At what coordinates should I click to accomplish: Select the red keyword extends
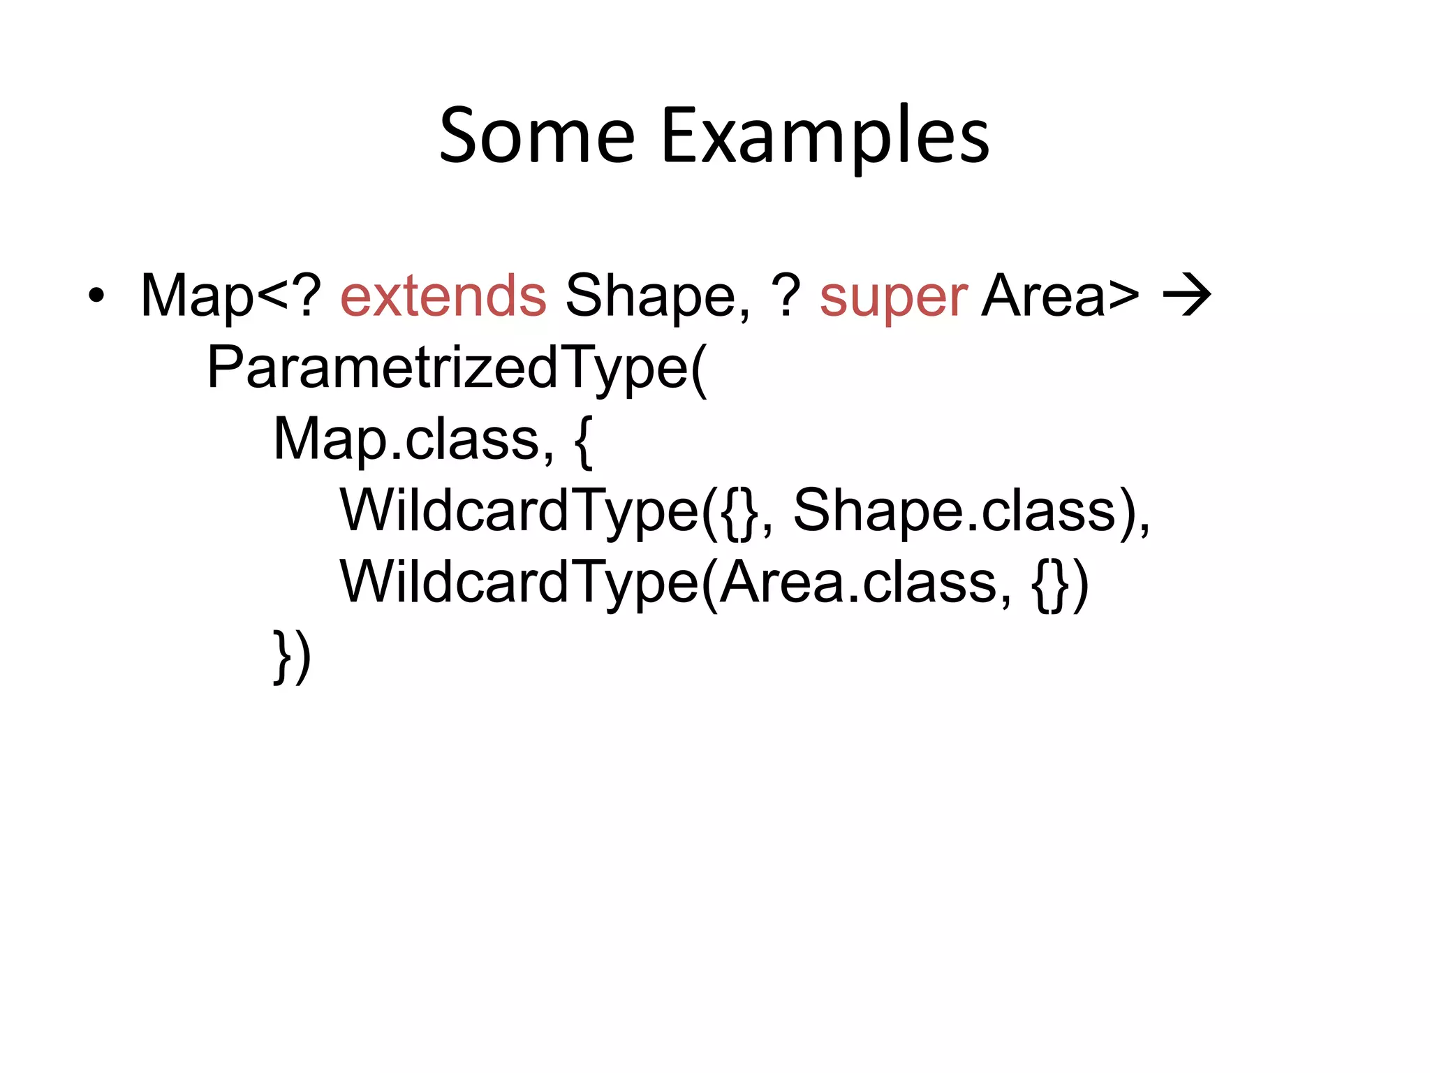click(x=443, y=295)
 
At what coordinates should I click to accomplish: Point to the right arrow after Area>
click(x=1186, y=295)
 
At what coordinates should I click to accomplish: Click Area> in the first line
click(x=1059, y=295)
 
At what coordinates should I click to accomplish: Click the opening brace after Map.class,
click(x=584, y=441)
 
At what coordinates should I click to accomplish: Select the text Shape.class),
click(x=971, y=511)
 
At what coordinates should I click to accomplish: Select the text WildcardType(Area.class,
click(x=675, y=583)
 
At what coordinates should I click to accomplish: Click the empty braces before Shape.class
click(x=739, y=513)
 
